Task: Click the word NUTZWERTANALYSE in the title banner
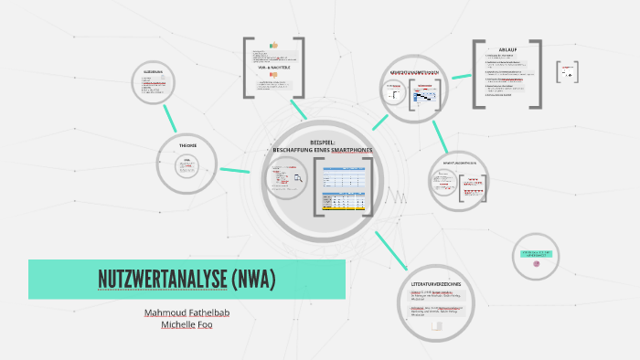pyautogui.click(x=161, y=279)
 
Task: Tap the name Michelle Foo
pyautogui.click(x=187, y=324)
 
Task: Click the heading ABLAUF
pyautogui.click(x=507, y=49)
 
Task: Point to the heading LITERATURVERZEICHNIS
pyautogui.click(x=443, y=284)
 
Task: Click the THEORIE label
pyautogui.click(x=187, y=146)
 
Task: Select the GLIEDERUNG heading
pyautogui.click(x=154, y=72)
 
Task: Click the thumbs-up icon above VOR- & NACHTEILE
pyautogui.click(x=272, y=45)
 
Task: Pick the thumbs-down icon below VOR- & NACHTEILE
pyautogui.click(x=272, y=77)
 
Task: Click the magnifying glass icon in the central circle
pyautogui.click(x=297, y=178)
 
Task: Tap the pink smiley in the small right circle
pyautogui.click(x=536, y=263)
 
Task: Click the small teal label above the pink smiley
pyautogui.click(x=536, y=251)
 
